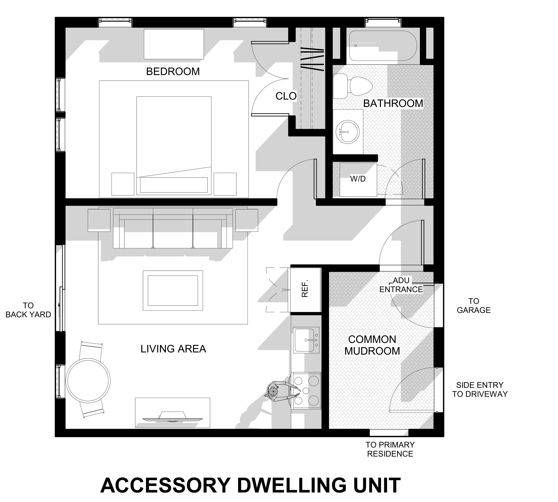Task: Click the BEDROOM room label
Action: click(173, 72)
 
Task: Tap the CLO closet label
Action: click(286, 96)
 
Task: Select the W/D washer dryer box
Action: click(358, 179)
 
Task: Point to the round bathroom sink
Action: click(347, 132)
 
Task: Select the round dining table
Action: click(88, 381)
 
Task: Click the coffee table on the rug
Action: click(173, 291)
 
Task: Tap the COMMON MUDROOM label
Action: click(372, 345)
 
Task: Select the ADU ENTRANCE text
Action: click(401, 285)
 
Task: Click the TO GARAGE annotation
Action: click(474, 306)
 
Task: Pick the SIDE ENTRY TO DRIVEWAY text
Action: click(480, 389)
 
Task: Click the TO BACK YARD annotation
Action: click(28, 310)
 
